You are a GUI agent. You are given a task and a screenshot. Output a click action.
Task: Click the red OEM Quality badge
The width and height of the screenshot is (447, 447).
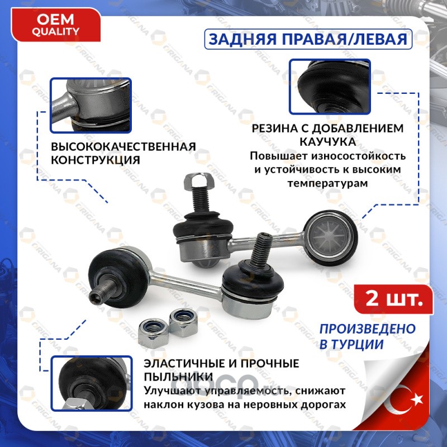(55, 25)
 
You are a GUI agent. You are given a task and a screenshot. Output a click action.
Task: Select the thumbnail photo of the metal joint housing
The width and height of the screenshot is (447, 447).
(91, 106)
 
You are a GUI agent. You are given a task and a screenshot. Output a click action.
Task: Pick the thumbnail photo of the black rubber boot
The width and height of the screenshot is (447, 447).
(330, 87)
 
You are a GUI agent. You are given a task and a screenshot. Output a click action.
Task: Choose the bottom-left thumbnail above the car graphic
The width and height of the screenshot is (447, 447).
(92, 383)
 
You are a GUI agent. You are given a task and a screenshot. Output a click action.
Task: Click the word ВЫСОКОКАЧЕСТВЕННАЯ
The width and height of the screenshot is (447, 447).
(123, 147)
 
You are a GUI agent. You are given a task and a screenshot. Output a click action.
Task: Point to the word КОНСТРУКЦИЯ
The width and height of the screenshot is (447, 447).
(96, 160)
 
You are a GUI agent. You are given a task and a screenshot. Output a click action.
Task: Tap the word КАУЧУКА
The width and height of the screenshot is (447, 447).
(328, 142)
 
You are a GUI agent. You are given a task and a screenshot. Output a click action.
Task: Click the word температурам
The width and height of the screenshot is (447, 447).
(327, 183)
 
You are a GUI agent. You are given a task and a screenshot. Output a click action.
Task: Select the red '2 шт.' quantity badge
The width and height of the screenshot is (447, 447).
(394, 299)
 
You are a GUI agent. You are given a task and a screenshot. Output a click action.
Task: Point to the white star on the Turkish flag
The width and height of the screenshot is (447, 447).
(417, 399)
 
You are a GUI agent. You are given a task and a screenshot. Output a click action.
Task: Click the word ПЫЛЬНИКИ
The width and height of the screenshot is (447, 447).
(178, 377)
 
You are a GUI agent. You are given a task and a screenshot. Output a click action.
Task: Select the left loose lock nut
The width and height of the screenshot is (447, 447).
(153, 332)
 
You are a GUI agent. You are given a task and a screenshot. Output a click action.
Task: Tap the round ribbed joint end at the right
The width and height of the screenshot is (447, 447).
(330, 235)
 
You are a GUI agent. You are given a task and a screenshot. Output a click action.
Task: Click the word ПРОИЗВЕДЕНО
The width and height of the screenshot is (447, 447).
(368, 329)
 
